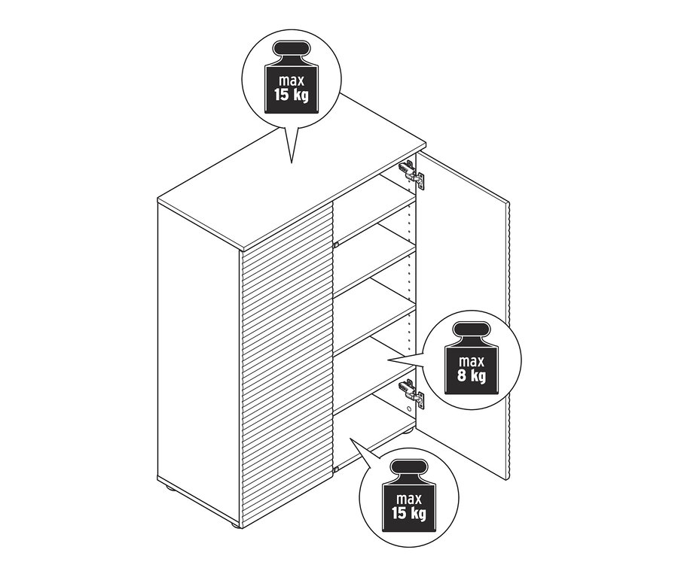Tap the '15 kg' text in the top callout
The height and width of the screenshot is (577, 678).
click(x=292, y=94)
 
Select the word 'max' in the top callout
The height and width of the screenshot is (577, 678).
click(x=292, y=80)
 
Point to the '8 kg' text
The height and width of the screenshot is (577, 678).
click(x=472, y=375)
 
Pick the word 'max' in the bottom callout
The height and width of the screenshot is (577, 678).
click(x=409, y=499)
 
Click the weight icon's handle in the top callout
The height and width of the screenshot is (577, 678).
click(x=292, y=48)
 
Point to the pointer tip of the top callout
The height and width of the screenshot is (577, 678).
click(x=292, y=162)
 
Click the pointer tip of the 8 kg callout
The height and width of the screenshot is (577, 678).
click(x=388, y=360)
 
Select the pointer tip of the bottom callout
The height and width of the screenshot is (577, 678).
click(x=350, y=438)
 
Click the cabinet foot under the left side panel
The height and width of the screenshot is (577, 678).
click(x=168, y=488)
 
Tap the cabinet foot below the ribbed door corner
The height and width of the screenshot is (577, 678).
click(x=233, y=524)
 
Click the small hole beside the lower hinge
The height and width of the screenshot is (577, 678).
click(x=408, y=408)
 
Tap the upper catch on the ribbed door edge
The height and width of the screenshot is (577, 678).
click(x=335, y=245)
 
